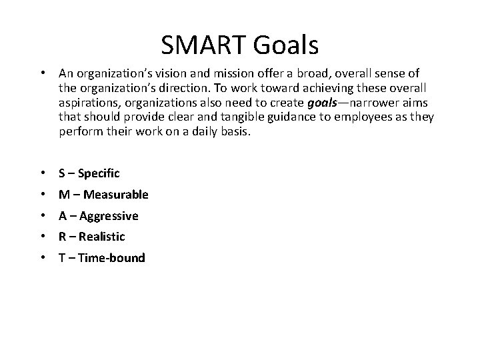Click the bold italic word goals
[325, 103]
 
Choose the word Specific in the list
[99, 173]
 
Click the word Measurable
[113, 195]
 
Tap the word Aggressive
[108, 216]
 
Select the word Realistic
[101, 236]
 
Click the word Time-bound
[111, 257]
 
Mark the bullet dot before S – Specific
[43, 173]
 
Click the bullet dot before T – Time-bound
[43, 257]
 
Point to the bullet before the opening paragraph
[43, 73]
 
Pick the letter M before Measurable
[64, 195]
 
